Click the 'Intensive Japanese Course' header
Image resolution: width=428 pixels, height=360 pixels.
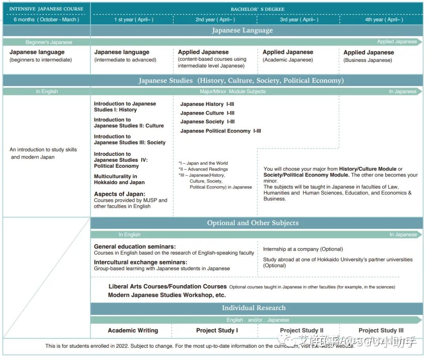click(x=46, y=9)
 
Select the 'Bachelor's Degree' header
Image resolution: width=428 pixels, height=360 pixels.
click(x=258, y=9)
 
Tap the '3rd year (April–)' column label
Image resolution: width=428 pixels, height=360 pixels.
click(x=299, y=19)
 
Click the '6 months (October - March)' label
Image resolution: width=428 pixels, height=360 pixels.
click(x=46, y=19)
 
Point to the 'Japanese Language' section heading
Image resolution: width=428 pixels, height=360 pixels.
click(x=242, y=31)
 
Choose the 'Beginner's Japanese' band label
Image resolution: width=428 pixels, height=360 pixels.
click(x=49, y=42)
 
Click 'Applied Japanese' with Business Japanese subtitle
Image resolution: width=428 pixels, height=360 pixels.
click(x=369, y=52)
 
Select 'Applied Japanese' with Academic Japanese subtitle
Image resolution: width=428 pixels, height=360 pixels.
click(x=288, y=52)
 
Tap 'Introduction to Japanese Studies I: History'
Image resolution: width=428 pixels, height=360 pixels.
click(x=125, y=107)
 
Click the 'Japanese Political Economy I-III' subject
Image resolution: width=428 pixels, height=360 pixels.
click(x=220, y=131)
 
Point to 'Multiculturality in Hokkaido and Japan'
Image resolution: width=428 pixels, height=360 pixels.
click(x=119, y=179)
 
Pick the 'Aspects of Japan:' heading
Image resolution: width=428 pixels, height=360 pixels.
click(x=120, y=194)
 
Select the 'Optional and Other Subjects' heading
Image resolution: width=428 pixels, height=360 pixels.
click(x=253, y=223)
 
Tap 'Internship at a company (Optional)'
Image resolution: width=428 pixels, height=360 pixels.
click(x=303, y=249)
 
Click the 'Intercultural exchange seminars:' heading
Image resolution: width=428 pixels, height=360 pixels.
click(x=141, y=262)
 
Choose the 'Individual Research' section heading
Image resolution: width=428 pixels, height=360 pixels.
click(x=254, y=308)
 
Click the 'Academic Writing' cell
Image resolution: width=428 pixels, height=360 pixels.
click(x=133, y=330)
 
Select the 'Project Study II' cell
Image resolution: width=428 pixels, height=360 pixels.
click(x=302, y=330)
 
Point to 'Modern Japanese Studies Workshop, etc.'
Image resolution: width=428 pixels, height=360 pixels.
click(x=167, y=295)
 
